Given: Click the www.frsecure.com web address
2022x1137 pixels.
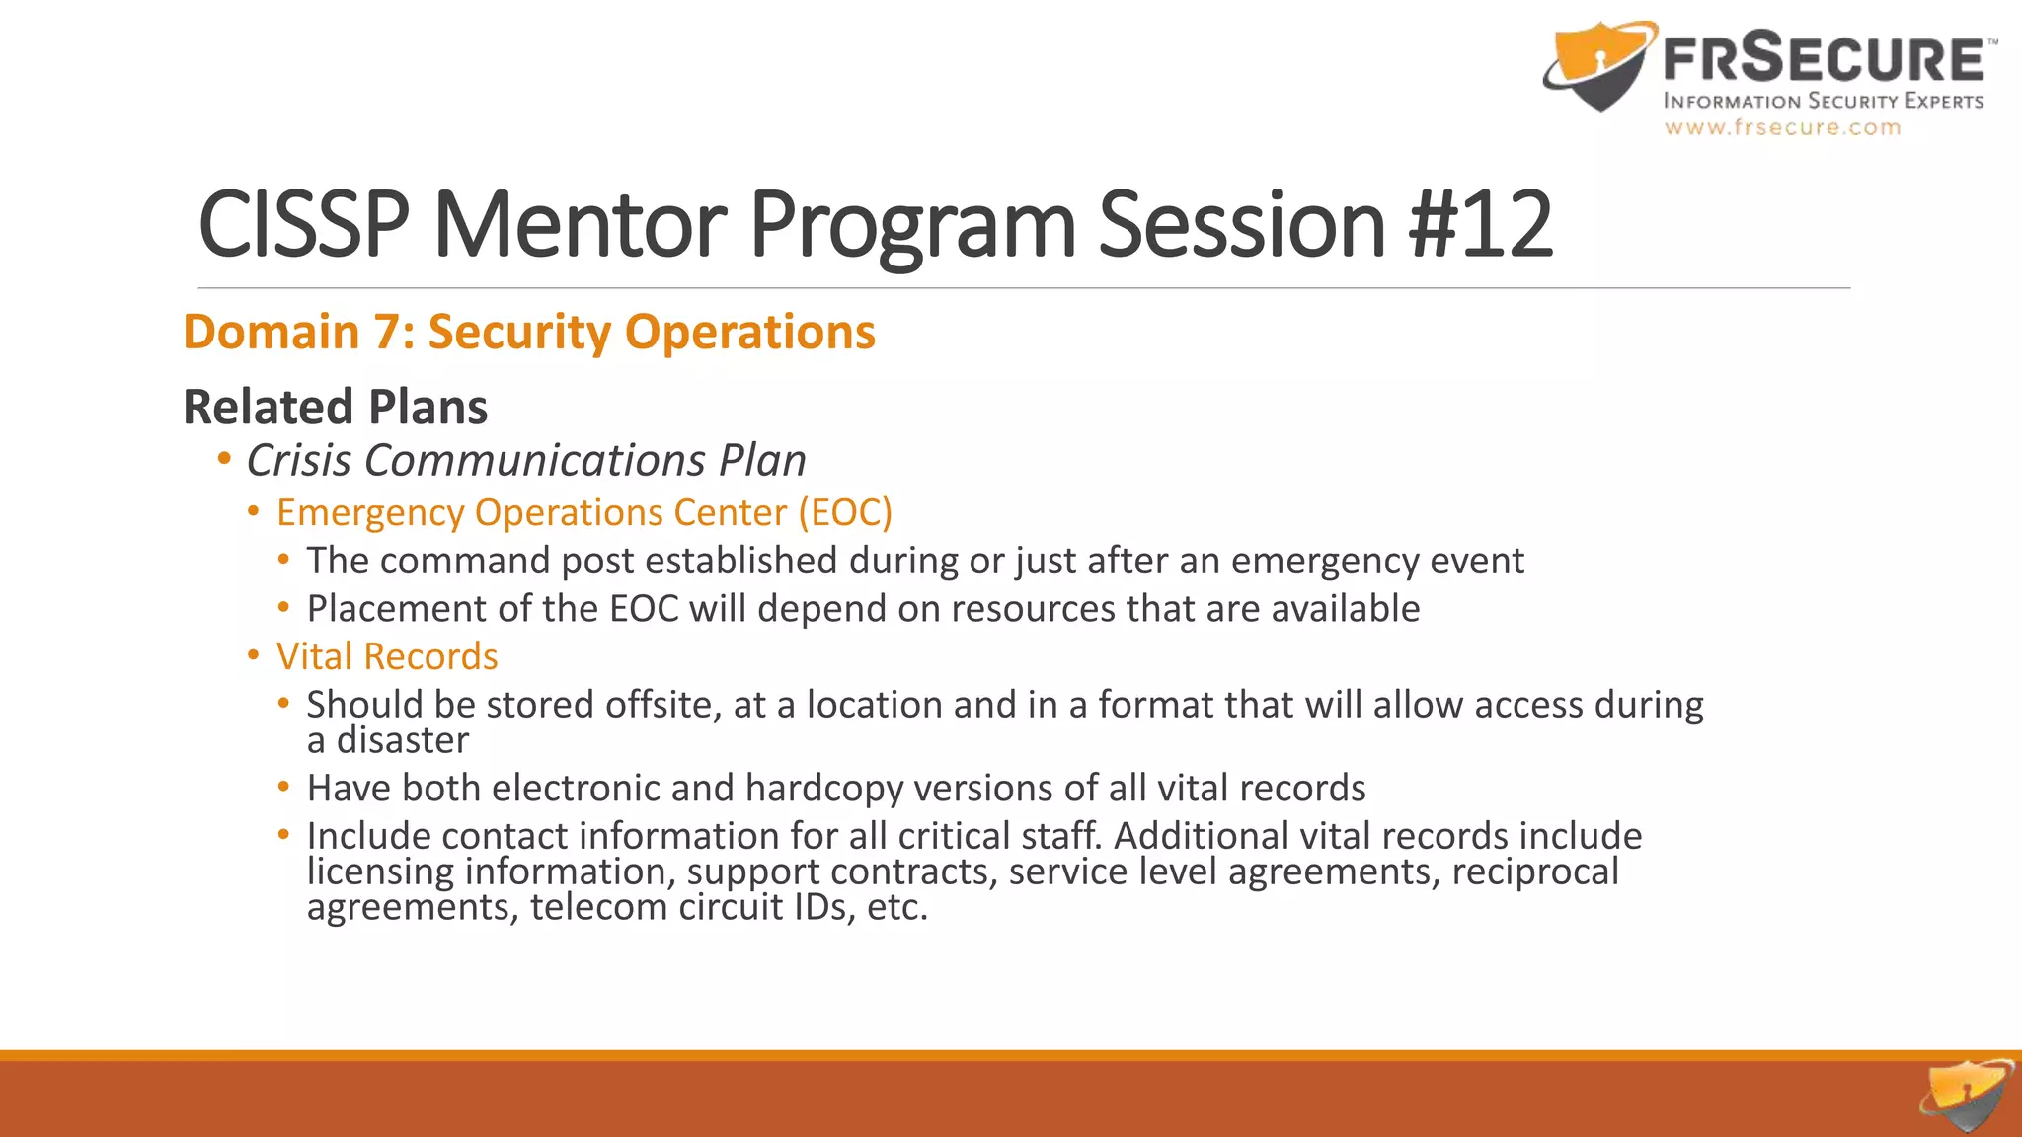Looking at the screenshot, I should [x=1782, y=127].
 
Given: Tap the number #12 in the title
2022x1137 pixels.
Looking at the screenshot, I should [x=1481, y=225].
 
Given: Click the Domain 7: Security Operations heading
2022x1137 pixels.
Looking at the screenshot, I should [x=529, y=332].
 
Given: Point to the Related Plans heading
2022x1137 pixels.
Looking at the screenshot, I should [x=336, y=407].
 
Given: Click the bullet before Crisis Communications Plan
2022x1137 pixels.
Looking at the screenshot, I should [x=224, y=459].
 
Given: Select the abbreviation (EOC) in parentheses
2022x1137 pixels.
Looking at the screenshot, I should [x=845, y=512].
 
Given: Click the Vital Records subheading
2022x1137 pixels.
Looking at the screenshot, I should [x=387, y=656].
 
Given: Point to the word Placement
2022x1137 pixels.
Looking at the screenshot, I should [x=396, y=609].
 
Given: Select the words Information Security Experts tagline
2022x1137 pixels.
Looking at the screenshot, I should [x=1824, y=101].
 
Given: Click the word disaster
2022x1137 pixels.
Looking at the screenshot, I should [x=402, y=740].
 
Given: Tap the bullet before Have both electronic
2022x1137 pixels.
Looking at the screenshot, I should [x=284, y=788].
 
